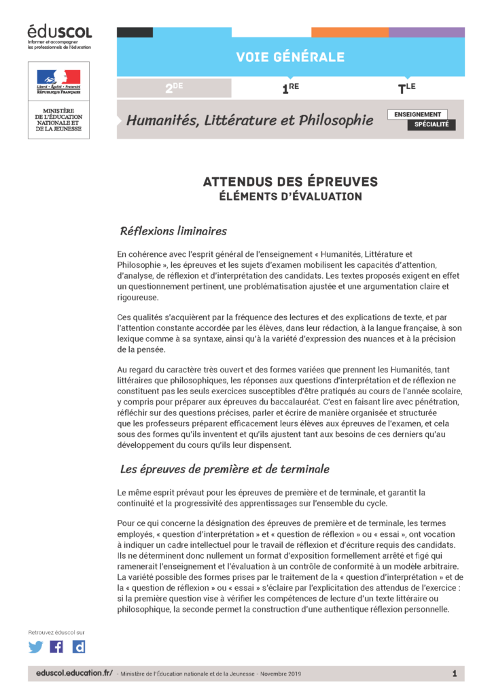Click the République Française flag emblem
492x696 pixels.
tap(58, 80)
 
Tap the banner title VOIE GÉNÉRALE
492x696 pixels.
tap(290, 57)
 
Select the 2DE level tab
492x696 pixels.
tap(174, 88)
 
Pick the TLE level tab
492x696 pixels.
tap(406, 88)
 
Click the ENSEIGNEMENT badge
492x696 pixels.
tap(418, 114)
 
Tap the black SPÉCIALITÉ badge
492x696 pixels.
tap(432, 125)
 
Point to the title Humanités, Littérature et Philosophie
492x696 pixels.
tap(249, 121)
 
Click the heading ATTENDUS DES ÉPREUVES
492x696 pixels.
tap(290, 182)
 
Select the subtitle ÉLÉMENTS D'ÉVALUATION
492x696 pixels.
tap(290, 196)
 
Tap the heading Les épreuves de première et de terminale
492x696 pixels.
tap(224, 468)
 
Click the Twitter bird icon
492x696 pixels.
tap(35, 646)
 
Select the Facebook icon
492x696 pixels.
tap(57, 646)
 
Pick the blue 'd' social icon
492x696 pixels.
tap(79, 646)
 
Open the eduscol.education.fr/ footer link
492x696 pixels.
tap(75, 673)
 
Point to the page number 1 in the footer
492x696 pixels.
tap(454, 673)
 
